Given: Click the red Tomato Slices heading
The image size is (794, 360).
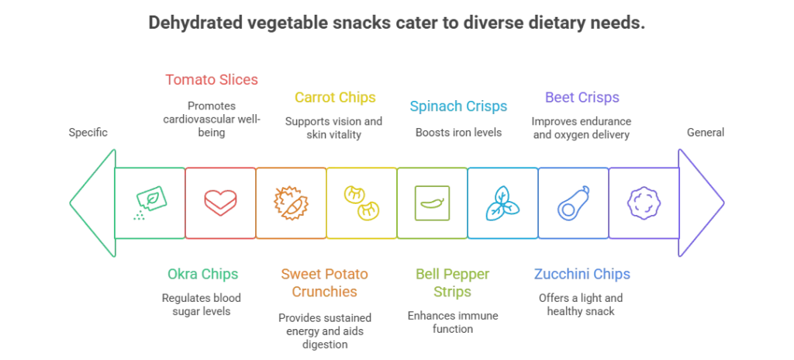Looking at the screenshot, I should [x=212, y=79].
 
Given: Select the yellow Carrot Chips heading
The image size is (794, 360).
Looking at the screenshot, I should [x=335, y=98].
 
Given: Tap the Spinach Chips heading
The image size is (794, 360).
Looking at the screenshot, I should [x=457, y=105].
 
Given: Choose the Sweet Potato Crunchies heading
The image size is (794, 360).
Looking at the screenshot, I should [x=326, y=282].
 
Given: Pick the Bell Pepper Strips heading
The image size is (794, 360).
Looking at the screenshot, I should [x=454, y=282].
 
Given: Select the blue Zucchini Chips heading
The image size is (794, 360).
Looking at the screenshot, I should [x=582, y=273].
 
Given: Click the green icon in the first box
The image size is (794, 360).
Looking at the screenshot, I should [x=149, y=202].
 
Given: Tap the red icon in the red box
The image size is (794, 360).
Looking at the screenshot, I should [x=219, y=202].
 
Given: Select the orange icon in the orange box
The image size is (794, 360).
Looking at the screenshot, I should [x=291, y=202].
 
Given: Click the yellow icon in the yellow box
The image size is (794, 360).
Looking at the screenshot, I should [x=362, y=202].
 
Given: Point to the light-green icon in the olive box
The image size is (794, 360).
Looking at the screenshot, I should [x=432, y=202].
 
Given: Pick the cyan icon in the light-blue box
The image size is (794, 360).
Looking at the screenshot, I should [x=502, y=202].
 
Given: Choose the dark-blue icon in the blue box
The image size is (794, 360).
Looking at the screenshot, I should [x=574, y=202].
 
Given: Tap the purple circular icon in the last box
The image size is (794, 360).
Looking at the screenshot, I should [x=644, y=202].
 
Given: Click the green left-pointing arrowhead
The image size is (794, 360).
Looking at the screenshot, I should [x=91, y=202].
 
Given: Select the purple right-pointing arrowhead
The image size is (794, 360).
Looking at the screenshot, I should [x=701, y=202].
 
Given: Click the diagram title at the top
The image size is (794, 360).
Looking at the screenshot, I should [x=396, y=24].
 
